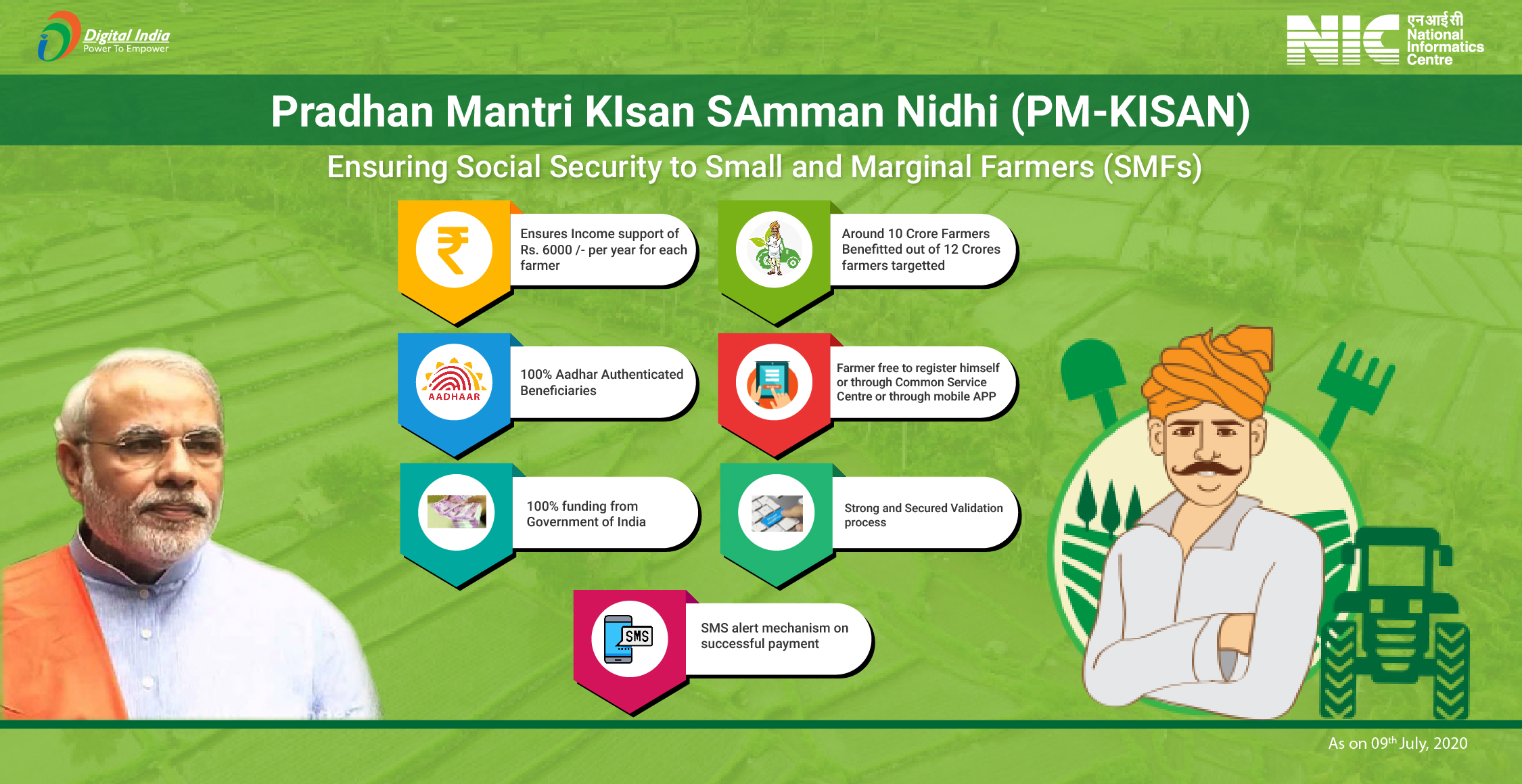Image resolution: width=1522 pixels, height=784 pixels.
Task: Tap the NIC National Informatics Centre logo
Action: (x=1384, y=39)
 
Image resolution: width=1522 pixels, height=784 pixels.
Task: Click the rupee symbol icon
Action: (x=453, y=250)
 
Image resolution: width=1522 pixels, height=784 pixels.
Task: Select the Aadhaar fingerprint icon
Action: (x=454, y=382)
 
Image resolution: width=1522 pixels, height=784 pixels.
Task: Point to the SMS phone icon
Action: (x=629, y=639)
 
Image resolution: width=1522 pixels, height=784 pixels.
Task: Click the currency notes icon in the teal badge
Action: (x=457, y=512)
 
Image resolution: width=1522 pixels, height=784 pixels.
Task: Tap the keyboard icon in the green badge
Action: (x=777, y=512)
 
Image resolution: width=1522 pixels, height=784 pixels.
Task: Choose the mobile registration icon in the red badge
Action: (x=774, y=383)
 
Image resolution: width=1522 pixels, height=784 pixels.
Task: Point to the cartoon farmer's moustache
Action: (x=1206, y=468)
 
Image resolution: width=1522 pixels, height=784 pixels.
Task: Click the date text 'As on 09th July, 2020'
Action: (x=1398, y=743)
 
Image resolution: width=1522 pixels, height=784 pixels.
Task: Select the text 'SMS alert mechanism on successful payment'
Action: (x=774, y=636)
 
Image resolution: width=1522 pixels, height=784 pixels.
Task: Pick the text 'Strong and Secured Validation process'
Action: (x=923, y=515)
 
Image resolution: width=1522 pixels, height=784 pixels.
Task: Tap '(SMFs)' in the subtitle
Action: (x=1152, y=167)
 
